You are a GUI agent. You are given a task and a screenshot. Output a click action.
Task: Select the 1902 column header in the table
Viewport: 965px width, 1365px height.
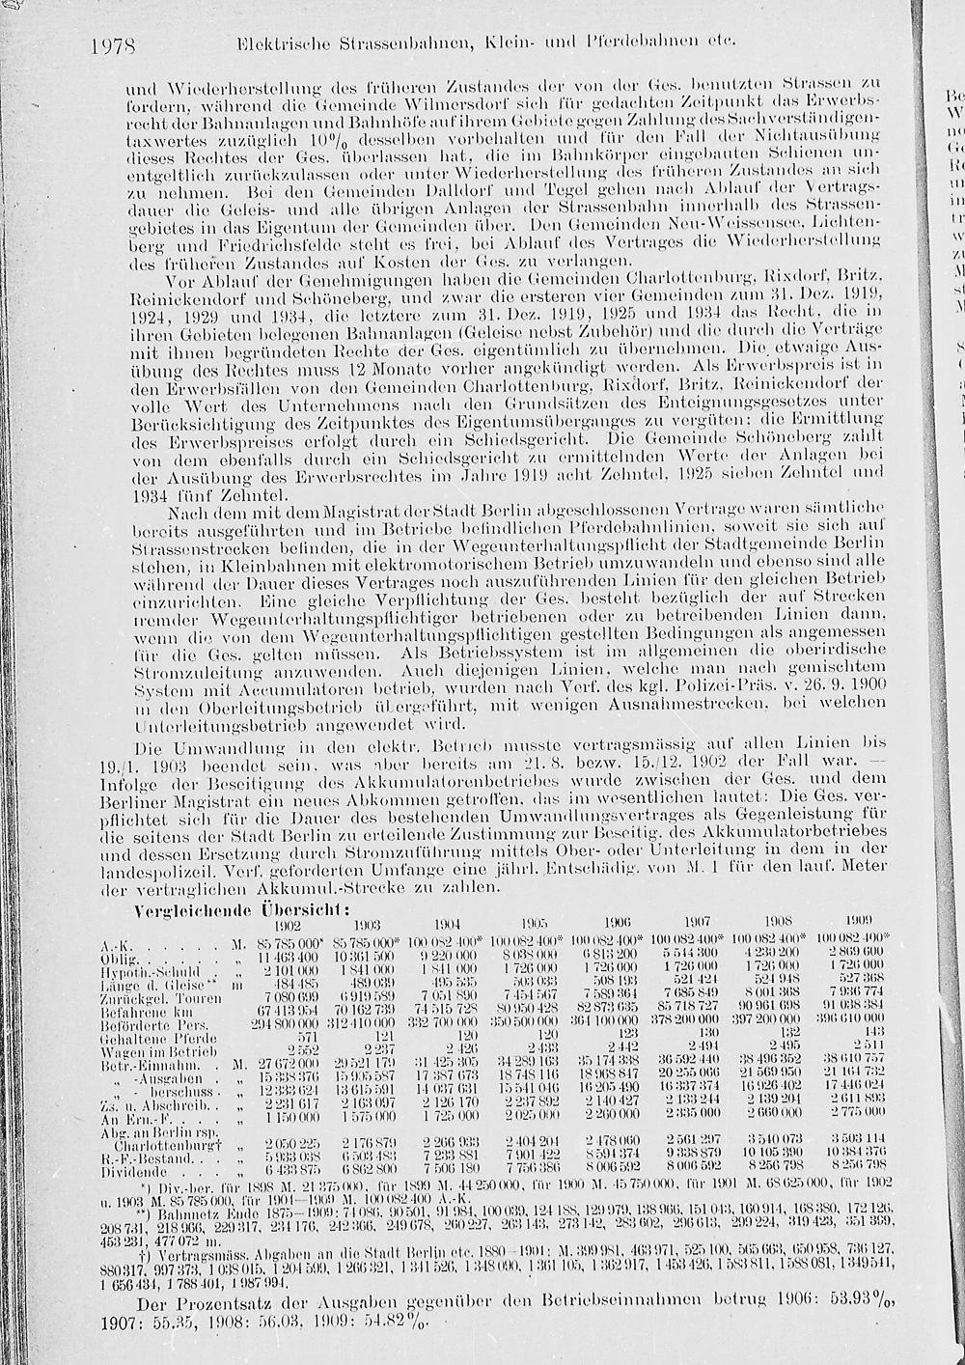pos(288,924)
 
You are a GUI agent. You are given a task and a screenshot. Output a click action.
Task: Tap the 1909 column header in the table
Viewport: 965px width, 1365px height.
pos(859,920)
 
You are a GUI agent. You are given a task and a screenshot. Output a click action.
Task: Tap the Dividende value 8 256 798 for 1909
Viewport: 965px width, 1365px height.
pos(853,1167)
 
